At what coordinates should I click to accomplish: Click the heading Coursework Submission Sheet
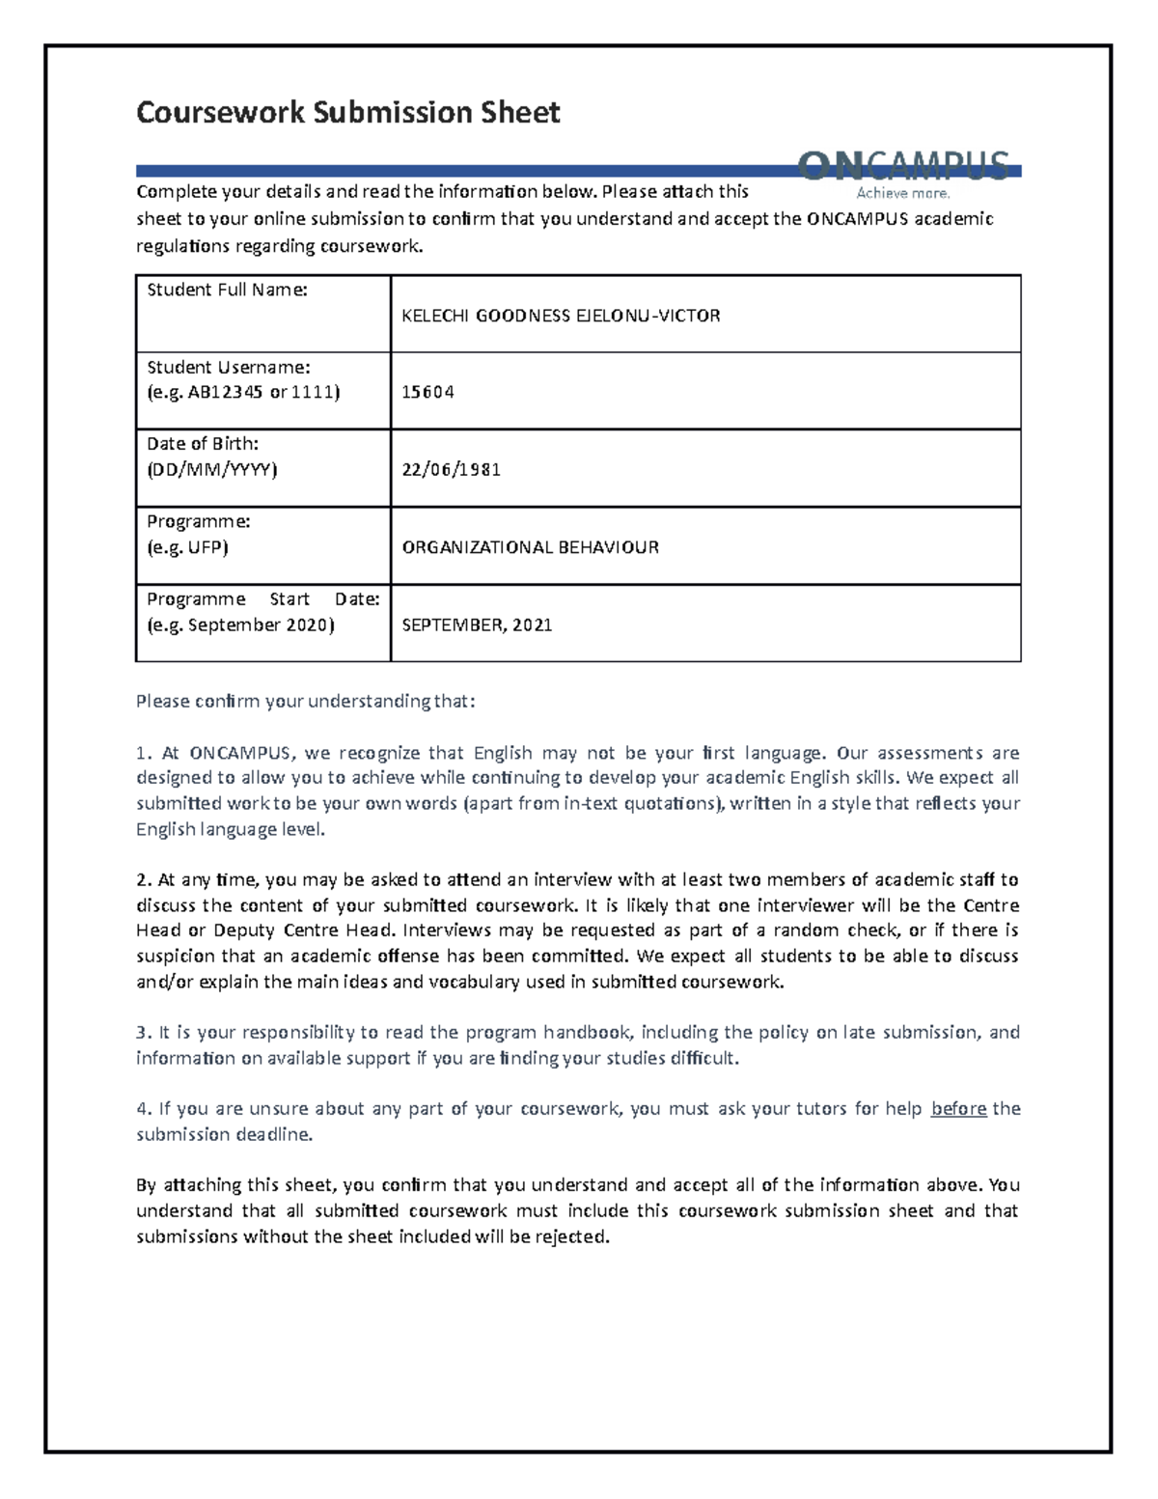(x=347, y=113)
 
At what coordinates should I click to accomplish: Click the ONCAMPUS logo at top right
(x=904, y=165)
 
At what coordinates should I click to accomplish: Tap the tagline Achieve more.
(x=903, y=193)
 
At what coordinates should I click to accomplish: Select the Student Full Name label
(x=227, y=290)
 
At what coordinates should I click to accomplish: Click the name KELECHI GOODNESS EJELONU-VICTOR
(x=561, y=316)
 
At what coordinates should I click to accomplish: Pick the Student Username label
(x=229, y=367)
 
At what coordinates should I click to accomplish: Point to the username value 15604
(x=427, y=393)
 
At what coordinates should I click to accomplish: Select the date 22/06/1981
(x=451, y=470)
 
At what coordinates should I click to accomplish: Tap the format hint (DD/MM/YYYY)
(x=211, y=470)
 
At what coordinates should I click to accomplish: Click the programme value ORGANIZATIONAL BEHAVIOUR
(x=530, y=547)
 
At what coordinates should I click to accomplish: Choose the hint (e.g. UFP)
(x=187, y=547)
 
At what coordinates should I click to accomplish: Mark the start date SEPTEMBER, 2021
(x=477, y=625)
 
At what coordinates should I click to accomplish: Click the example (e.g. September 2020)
(x=240, y=625)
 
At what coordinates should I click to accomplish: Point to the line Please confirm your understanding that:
(x=306, y=701)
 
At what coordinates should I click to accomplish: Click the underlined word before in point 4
(x=958, y=1109)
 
